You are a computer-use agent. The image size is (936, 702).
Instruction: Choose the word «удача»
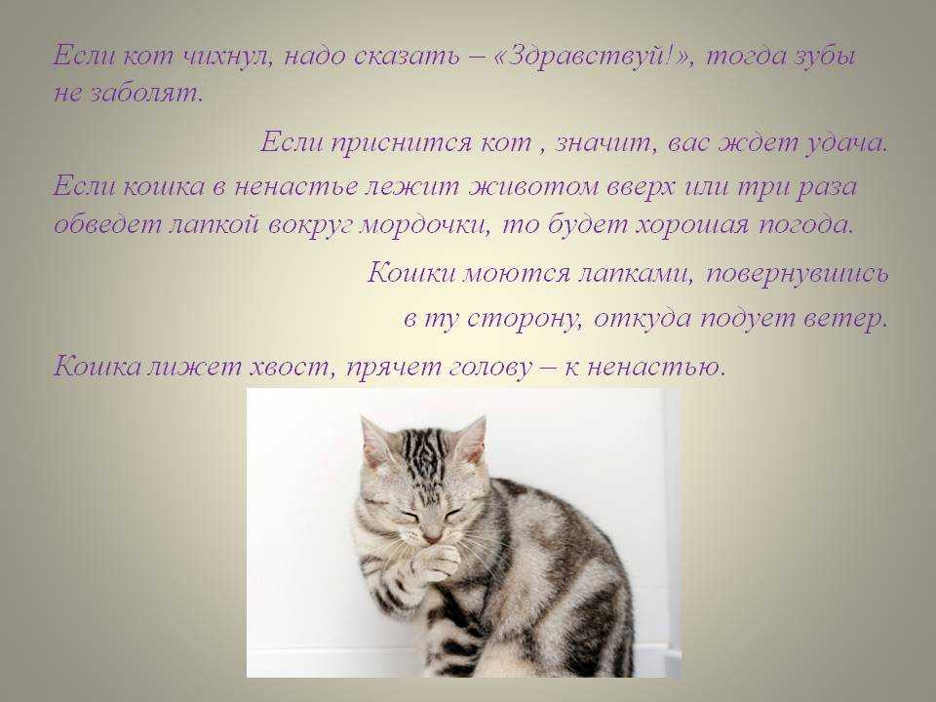[846, 143]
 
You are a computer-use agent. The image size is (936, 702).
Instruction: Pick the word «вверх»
[642, 188]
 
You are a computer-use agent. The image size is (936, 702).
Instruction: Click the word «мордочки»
[424, 225]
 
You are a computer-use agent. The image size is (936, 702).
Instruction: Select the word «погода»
[806, 225]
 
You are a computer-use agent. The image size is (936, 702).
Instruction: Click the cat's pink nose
[433, 534]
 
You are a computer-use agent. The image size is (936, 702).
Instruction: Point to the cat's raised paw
[432, 564]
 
